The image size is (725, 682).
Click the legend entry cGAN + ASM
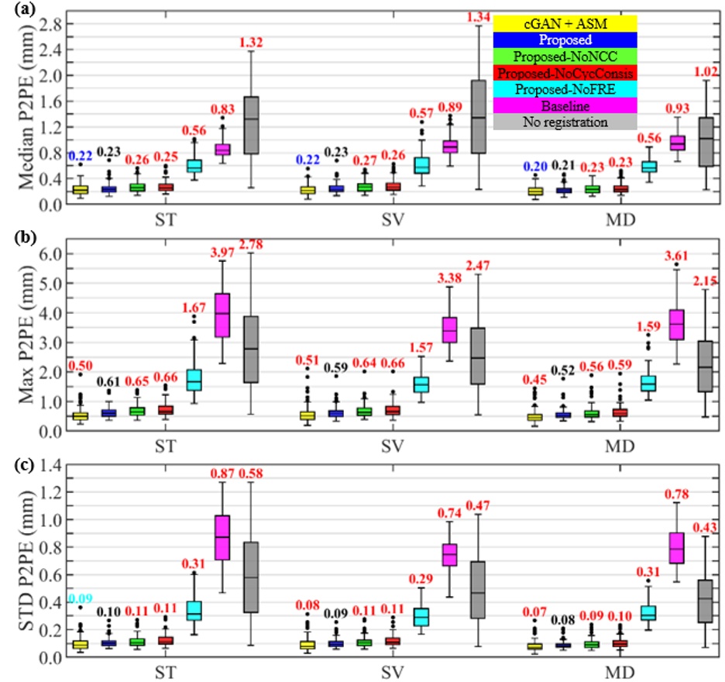[x=564, y=23]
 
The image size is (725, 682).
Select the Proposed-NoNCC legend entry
[x=564, y=56]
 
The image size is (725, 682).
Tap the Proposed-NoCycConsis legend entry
[x=564, y=73]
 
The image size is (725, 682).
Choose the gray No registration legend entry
[x=564, y=122]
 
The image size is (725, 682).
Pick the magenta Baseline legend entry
[x=564, y=105]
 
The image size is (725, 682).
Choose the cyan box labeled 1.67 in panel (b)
[x=194, y=380]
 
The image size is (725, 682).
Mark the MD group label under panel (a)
[x=620, y=218]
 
